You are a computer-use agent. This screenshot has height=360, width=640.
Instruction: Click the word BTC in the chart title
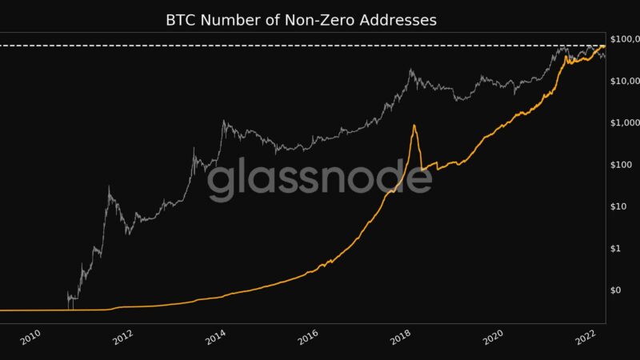click(x=182, y=19)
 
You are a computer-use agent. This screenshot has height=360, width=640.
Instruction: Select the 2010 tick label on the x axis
click(x=30, y=339)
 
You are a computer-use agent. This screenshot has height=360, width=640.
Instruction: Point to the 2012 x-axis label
click(x=123, y=339)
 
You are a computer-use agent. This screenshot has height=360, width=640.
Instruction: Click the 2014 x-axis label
click(x=216, y=339)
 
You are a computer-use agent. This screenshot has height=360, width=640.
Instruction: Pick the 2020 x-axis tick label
click(x=495, y=339)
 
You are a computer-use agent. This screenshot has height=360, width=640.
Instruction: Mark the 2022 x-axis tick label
click(x=588, y=339)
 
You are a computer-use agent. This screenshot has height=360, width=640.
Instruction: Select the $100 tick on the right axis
click(x=621, y=164)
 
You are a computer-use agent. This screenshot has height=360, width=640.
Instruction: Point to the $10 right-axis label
click(x=618, y=206)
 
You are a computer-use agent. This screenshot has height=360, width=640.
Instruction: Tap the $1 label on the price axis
click(x=616, y=248)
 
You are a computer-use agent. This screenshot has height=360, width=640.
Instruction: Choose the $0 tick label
click(x=616, y=290)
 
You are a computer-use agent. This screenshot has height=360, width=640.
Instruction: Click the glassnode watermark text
click(x=320, y=179)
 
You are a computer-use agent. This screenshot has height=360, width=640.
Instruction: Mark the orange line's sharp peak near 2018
click(x=414, y=126)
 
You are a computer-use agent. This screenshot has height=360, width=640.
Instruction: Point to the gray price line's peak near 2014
click(x=223, y=122)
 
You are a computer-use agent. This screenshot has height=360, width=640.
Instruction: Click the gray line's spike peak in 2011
click(x=109, y=187)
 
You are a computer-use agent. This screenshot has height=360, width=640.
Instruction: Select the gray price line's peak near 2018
click(x=411, y=70)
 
